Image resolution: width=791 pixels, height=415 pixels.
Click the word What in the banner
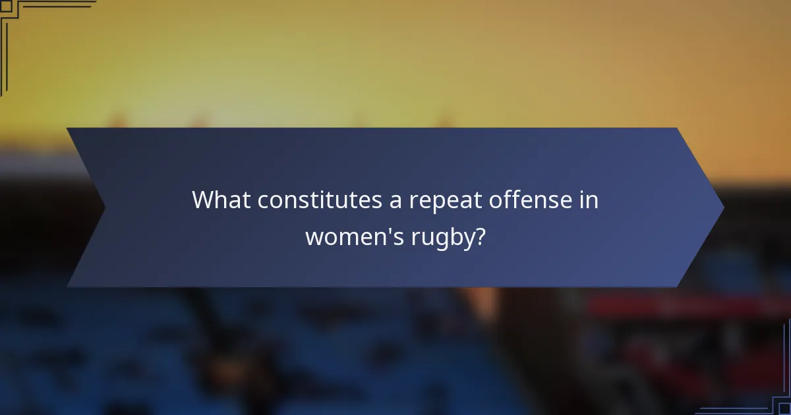(221, 200)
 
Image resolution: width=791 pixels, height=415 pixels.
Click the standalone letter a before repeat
(395, 202)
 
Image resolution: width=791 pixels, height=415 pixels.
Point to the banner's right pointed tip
(722, 207)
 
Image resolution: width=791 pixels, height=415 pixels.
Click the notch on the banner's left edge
(103, 207)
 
